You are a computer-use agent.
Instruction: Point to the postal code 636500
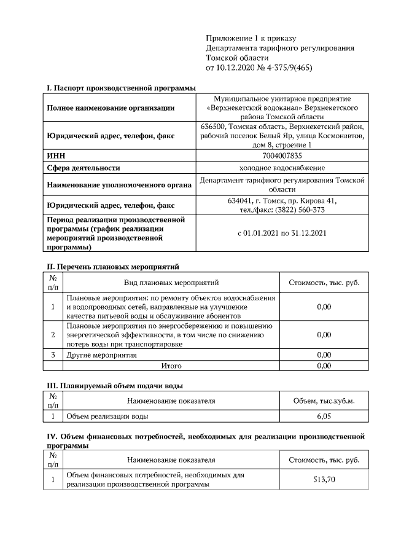(213, 126)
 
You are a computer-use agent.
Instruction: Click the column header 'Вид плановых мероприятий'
(171, 283)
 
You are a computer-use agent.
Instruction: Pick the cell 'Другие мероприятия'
(101, 355)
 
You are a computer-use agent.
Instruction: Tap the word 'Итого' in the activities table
(171, 366)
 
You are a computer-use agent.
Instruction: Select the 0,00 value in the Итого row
(324, 366)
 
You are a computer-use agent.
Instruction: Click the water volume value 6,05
(324, 417)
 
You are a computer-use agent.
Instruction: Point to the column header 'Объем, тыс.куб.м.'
(324, 401)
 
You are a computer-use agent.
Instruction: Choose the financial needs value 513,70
(324, 479)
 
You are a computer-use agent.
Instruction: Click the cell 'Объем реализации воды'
(107, 417)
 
